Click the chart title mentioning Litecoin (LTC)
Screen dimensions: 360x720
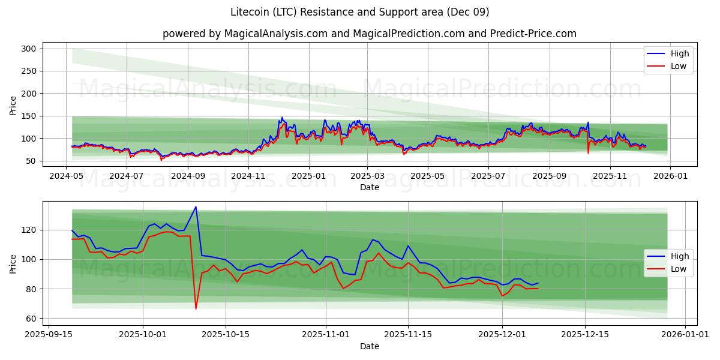(x=360, y=12)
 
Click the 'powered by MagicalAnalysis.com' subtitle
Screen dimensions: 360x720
(x=370, y=34)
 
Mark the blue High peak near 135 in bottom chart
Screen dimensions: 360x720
(x=196, y=207)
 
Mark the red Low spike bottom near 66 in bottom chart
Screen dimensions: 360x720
(x=196, y=308)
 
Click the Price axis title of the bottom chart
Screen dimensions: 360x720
(x=13, y=263)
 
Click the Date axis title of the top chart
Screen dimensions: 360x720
(x=369, y=188)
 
